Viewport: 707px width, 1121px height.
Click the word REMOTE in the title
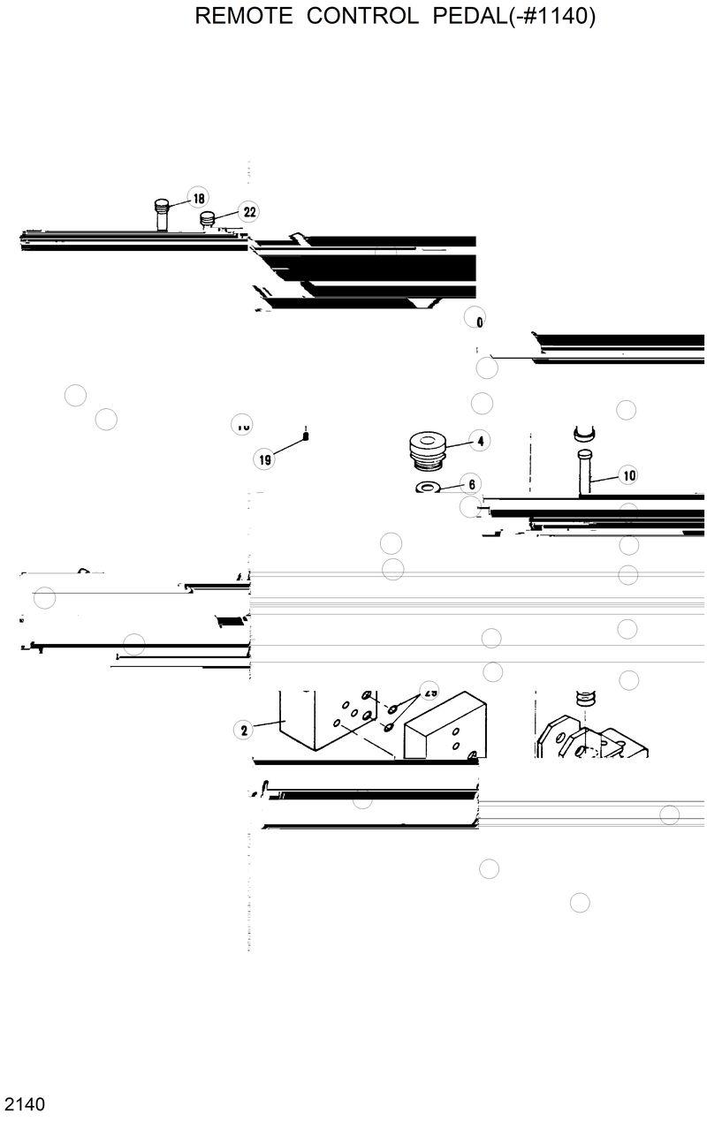(x=243, y=17)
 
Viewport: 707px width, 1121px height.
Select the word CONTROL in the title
(x=362, y=17)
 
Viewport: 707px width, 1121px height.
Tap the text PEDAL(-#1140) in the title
(x=513, y=17)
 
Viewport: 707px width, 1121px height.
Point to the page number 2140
(x=25, y=1103)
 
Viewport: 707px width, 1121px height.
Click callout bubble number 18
(x=198, y=199)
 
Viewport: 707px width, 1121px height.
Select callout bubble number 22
(x=249, y=212)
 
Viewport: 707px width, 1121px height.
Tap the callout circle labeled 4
(x=480, y=440)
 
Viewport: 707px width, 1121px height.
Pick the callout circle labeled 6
(x=471, y=484)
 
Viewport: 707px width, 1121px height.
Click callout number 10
(x=628, y=475)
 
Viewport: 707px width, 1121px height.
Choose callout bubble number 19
(x=264, y=459)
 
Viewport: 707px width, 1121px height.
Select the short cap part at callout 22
(x=209, y=219)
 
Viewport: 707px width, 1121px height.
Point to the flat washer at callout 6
(x=430, y=488)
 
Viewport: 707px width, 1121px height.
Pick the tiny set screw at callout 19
(x=305, y=434)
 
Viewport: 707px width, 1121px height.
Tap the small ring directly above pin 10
(x=585, y=433)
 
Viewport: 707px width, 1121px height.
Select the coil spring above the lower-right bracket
(x=582, y=701)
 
